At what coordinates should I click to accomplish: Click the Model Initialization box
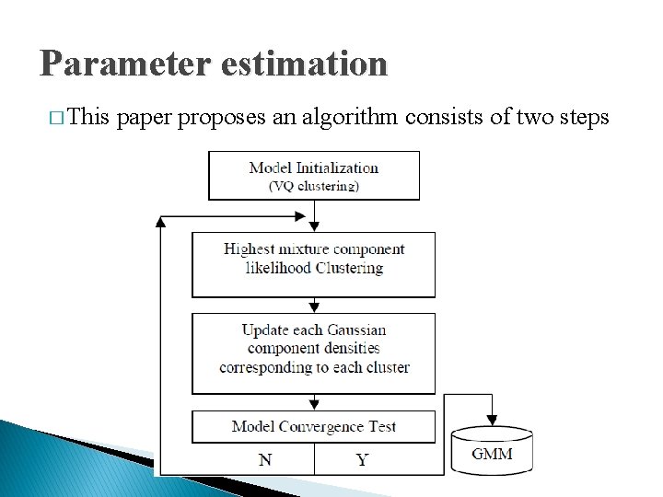point(313,175)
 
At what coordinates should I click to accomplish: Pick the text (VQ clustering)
point(313,185)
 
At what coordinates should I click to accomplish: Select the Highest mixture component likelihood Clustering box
point(313,263)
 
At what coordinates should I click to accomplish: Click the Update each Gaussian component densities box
point(313,353)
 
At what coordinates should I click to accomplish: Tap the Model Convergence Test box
point(313,426)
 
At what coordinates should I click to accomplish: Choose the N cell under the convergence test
point(265,458)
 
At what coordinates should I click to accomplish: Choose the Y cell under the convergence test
point(361,458)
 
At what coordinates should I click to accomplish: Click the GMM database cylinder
point(492,454)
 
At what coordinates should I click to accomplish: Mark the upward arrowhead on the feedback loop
point(161,222)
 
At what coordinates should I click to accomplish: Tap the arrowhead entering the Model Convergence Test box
point(314,406)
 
